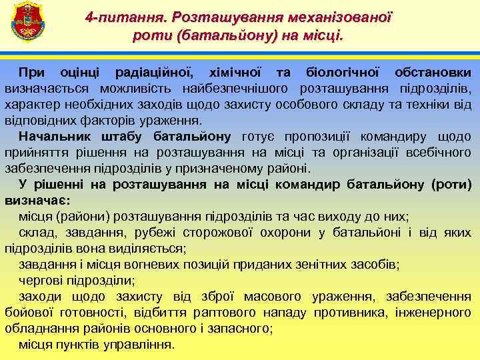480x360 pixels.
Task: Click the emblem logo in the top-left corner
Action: pos(27,24)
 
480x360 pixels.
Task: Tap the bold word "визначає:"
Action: pos(37,200)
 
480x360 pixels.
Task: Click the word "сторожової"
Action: pos(253,232)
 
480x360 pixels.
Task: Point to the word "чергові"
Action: pos(40,280)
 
